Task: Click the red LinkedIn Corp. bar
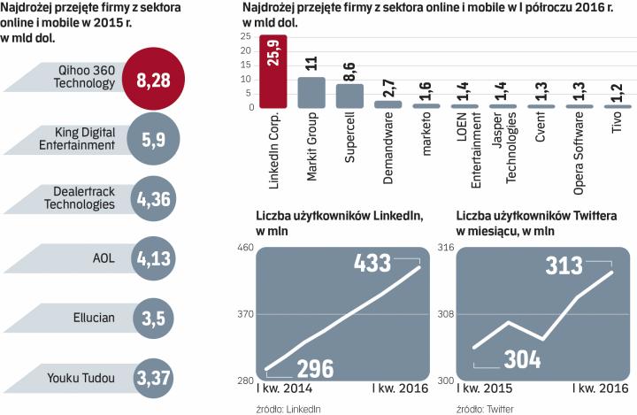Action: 272,72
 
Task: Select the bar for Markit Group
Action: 311,92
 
